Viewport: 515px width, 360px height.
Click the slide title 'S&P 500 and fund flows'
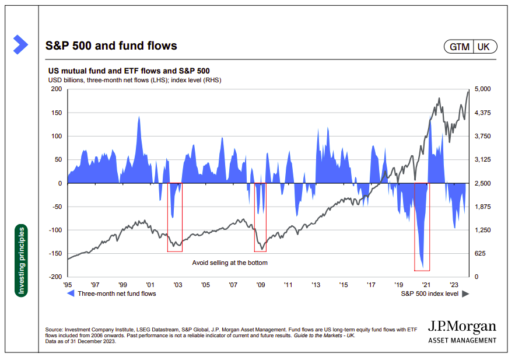[x=111, y=46]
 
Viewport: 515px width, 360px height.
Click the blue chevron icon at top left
[x=20, y=44]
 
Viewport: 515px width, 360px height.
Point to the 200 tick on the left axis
[x=57, y=89]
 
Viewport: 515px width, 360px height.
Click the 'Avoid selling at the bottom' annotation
[x=230, y=263]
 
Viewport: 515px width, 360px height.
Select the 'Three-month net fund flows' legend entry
[x=117, y=294]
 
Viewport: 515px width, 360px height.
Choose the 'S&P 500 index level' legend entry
[x=429, y=294]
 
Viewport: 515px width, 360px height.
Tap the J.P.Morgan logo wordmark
[x=462, y=327]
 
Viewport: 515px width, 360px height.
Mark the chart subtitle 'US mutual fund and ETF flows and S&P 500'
[x=128, y=70]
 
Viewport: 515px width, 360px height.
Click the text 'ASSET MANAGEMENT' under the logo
[x=462, y=340]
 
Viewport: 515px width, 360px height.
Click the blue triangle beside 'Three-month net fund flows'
[x=71, y=294]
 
